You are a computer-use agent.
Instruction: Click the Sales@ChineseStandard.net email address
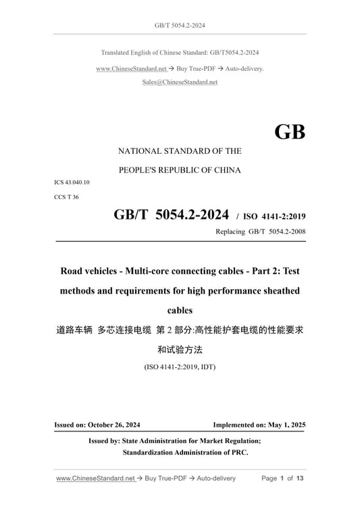tap(180, 82)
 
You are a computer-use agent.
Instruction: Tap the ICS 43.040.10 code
tap(72, 183)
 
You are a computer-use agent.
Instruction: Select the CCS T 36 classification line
tap(66, 197)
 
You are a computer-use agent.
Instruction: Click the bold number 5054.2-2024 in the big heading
tap(191, 214)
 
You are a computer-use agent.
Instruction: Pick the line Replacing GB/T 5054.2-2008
tap(259, 232)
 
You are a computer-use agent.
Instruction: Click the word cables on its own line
tap(180, 312)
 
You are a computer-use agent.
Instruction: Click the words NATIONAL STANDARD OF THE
tap(180, 151)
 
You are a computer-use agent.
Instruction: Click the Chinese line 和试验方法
tap(180, 350)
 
